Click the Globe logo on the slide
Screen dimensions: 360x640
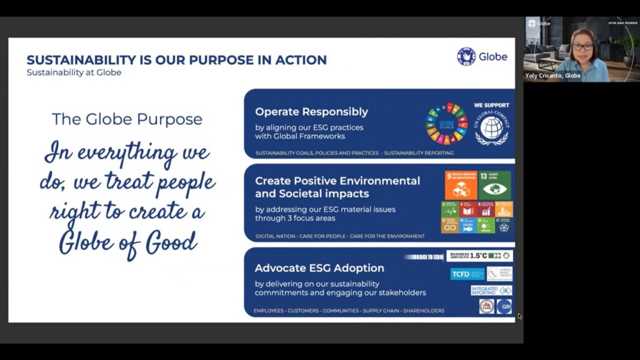coord(482,57)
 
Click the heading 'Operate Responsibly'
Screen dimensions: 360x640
coord(311,112)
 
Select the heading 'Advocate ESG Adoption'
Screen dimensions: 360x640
coord(319,268)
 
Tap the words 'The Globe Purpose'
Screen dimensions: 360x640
coord(127,119)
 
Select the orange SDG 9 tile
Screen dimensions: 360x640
coord(460,185)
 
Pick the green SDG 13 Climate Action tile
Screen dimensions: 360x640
coord(494,185)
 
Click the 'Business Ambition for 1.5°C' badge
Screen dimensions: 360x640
coord(479,256)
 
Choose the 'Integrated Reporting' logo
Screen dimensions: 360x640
coord(491,290)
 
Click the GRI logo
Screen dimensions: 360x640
coord(504,306)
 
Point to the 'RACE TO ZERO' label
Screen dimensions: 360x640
coord(424,257)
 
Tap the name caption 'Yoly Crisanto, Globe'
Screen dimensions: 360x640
coord(553,76)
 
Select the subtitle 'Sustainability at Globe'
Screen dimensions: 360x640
coord(74,72)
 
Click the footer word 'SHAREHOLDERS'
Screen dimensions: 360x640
coord(424,311)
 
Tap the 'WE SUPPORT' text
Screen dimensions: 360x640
coord(491,105)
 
